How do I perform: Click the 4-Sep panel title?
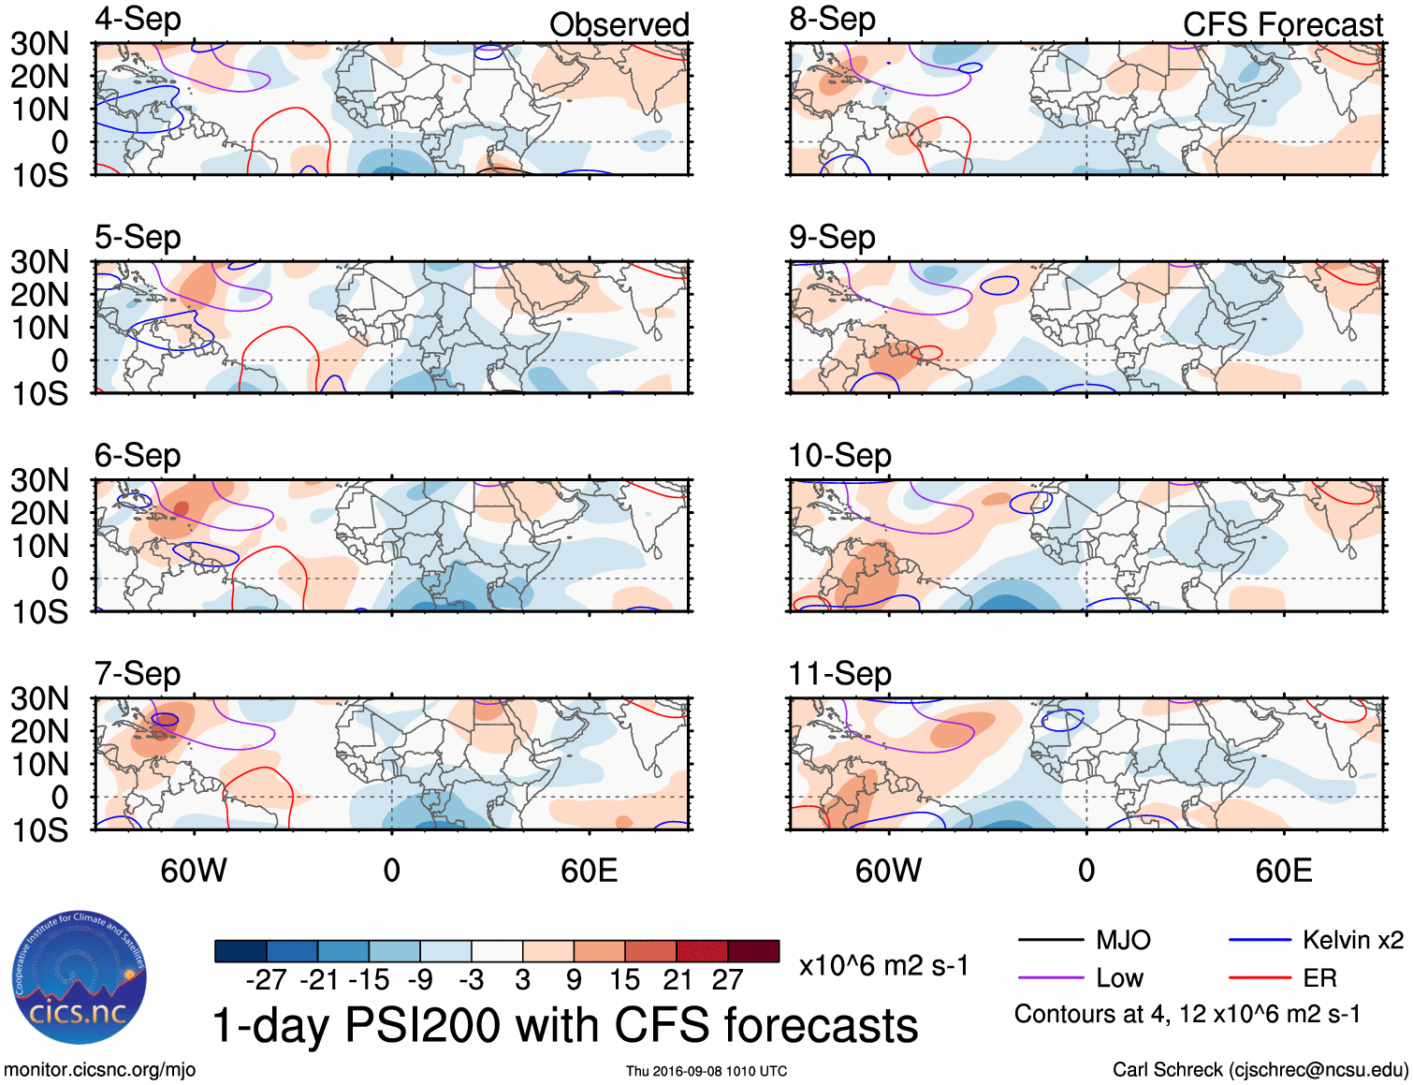pyautogui.click(x=138, y=20)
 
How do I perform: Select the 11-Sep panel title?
pyautogui.click(x=839, y=674)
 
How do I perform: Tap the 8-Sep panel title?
pyautogui.click(x=832, y=20)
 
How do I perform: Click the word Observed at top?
pyautogui.click(x=619, y=25)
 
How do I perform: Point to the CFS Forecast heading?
pyautogui.click(x=1282, y=25)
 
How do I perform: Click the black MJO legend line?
pyautogui.click(x=1050, y=940)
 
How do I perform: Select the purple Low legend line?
pyautogui.click(x=1050, y=978)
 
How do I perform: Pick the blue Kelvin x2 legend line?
pyautogui.click(x=1260, y=940)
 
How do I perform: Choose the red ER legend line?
pyautogui.click(x=1260, y=978)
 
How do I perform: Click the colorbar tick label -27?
pyautogui.click(x=266, y=980)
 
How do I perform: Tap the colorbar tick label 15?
pyautogui.click(x=624, y=980)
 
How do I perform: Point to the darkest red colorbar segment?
pyautogui.click(x=753, y=951)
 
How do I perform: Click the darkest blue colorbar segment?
pyautogui.click(x=240, y=951)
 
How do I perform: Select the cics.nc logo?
pyautogui.click(x=80, y=978)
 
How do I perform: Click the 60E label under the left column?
pyautogui.click(x=589, y=872)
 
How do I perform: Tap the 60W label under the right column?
pyautogui.click(x=888, y=872)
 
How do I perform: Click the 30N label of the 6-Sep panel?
pyautogui.click(x=39, y=480)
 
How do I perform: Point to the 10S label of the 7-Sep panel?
pyautogui.click(x=39, y=830)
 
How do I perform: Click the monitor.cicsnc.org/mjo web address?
pyautogui.click(x=99, y=1070)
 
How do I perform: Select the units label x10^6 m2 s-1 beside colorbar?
pyautogui.click(x=883, y=966)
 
